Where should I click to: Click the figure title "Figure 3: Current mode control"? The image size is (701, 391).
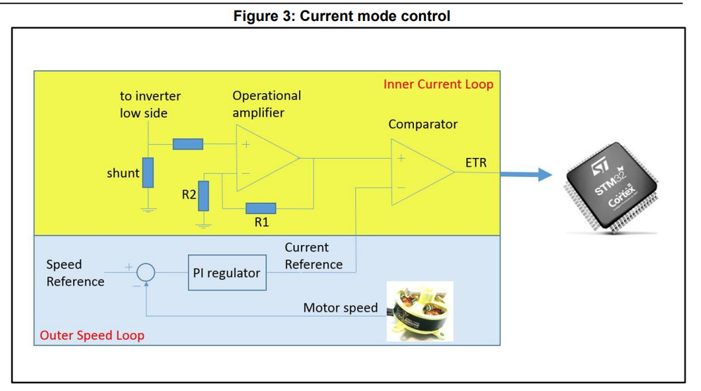click(x=342, y=15)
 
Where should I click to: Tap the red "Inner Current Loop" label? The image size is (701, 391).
click(x=438, y=84)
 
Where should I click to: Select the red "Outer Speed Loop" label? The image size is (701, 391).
click(x=92, y=335)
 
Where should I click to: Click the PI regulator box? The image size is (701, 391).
click(x=226, y=273)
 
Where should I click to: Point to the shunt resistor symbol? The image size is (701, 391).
click(x=147, y=173)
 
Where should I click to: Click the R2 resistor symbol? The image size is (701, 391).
click(x=203, y=195)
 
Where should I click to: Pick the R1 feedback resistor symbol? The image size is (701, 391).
click(x=261, y=208)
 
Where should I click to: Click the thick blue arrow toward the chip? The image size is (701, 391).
click(x=526, y=173)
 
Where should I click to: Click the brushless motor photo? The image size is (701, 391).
click(x=420, y=312)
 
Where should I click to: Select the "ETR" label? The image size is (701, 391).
click(x=476, y=163)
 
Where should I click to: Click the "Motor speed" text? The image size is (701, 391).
click(x=340, y=307)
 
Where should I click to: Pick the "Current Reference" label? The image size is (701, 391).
click(x=313, y=256)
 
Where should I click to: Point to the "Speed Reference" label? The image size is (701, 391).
click(x=75, y=273)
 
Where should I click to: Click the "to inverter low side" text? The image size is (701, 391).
click(x=150, y=104)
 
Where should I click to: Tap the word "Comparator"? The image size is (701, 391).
click(x=422, y=124)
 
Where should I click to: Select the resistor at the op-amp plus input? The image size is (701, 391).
click(x=188, y=144)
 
